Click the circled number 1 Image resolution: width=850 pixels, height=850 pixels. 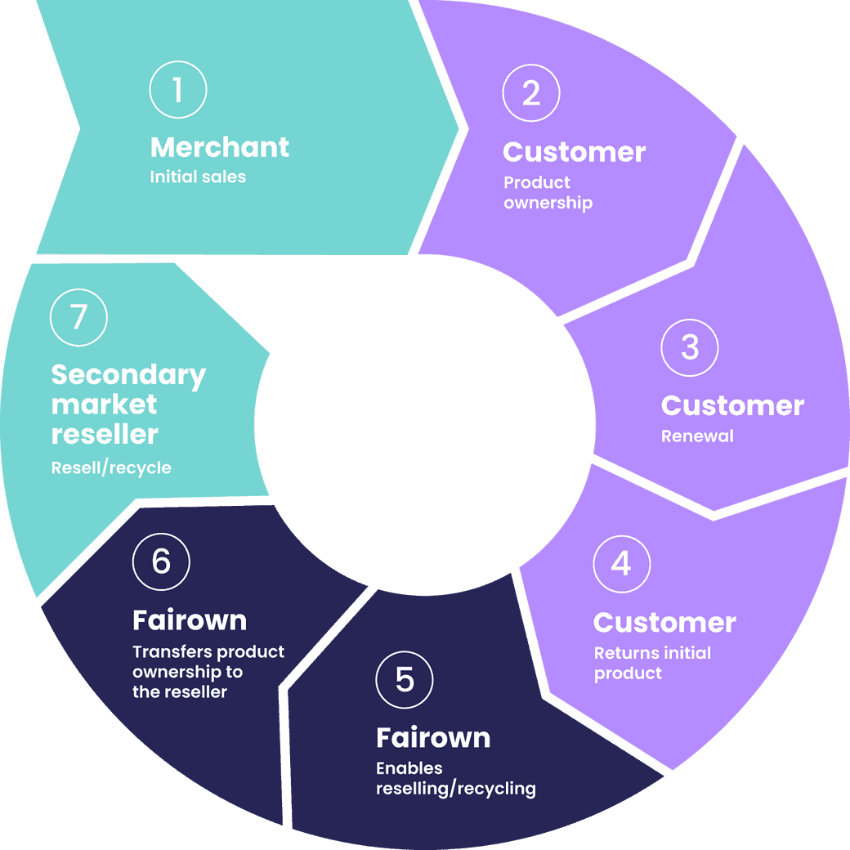[x=178, y=90]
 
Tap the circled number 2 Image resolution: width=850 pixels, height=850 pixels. [x=531, y=94]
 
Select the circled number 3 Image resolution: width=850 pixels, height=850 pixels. [x=690, y=347]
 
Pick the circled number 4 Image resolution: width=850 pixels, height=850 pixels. [x=622, y=564]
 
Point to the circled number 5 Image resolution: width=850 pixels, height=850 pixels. [x=405, y=680]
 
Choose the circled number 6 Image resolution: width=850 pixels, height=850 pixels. [x=161, y=561]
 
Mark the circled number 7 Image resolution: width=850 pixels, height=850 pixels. [x=78, y=317]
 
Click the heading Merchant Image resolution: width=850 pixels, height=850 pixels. [x=220, y=147]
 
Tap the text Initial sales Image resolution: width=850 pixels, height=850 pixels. [x=198, y=177]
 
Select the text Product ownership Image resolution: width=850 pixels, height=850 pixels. [x=548, y=193]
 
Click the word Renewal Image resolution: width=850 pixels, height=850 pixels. [x=697, y=436]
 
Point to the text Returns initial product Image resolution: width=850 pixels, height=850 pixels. [x=652, y=663]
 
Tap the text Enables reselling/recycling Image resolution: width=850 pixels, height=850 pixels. [x=455, y=779]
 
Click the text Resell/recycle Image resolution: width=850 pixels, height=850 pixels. [x=111, y=468]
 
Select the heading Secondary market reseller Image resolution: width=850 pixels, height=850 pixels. [x=128, y=405]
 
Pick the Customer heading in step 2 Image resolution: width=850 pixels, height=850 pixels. [x=574, y=152]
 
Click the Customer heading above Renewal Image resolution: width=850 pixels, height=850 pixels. [x=732, y=405]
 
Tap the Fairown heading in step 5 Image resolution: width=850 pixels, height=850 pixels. [x=433, y=738]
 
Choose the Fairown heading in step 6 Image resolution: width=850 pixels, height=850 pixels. [x=190, y=620]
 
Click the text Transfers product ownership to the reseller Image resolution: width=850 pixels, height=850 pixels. [x=208, y=672]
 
